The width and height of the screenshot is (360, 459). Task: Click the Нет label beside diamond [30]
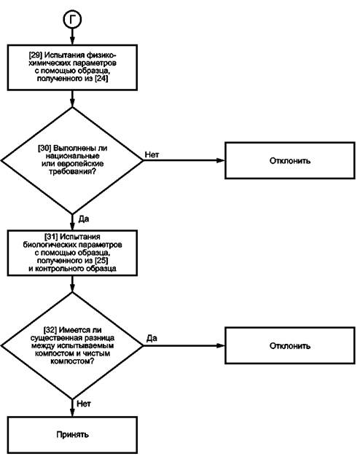tap(152, 154)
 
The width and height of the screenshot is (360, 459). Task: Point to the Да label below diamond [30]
tap(84, 219)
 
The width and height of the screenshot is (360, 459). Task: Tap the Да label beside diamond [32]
tap(152, 338)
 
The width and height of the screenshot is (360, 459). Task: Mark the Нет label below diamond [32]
tap(84, 404)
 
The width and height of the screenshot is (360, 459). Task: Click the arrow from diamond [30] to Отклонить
tap(184, 160)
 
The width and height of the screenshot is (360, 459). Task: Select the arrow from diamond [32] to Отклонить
tap(184, 345)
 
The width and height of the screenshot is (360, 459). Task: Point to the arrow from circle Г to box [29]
tap(72, 36)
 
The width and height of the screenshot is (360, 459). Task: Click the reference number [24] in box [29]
tap(101, 79)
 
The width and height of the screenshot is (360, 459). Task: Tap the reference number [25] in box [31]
tap(101, 261)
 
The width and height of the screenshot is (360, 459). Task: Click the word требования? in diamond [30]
tap(72, 171)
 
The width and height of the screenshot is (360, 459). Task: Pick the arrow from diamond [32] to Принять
tap(72, 408)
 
